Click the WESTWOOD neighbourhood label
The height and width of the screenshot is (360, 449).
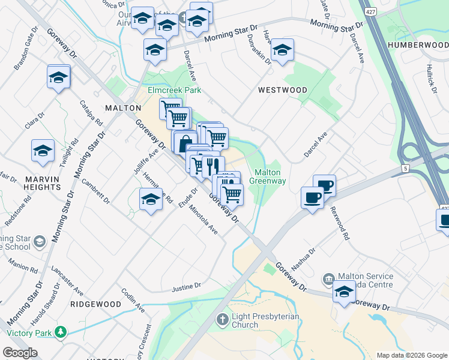point(282,90)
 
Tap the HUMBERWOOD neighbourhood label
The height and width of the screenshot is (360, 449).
point(418,45)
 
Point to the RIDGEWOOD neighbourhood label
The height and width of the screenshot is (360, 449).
point(95,304)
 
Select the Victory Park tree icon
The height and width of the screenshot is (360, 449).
point(60,332)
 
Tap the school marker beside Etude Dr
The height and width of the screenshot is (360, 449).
point(151,200)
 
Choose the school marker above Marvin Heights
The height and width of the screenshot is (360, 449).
point(43,152)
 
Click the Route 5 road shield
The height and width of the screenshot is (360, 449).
point(405,169)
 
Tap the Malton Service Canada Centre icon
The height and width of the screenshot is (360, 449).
point(328,278)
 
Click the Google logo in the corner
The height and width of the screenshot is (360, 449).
point(20,353)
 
